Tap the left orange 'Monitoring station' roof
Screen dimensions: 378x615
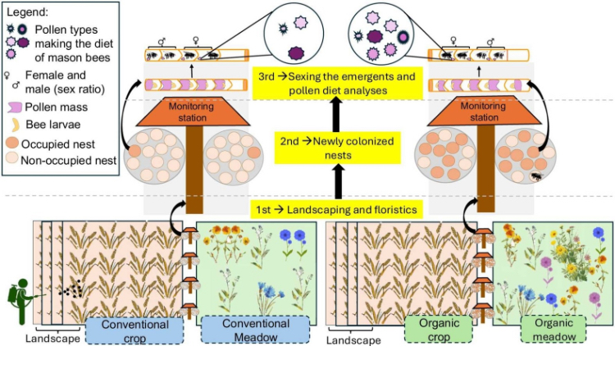194,112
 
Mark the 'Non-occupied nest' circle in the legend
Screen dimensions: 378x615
12,161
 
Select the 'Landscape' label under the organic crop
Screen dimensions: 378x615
355,339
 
